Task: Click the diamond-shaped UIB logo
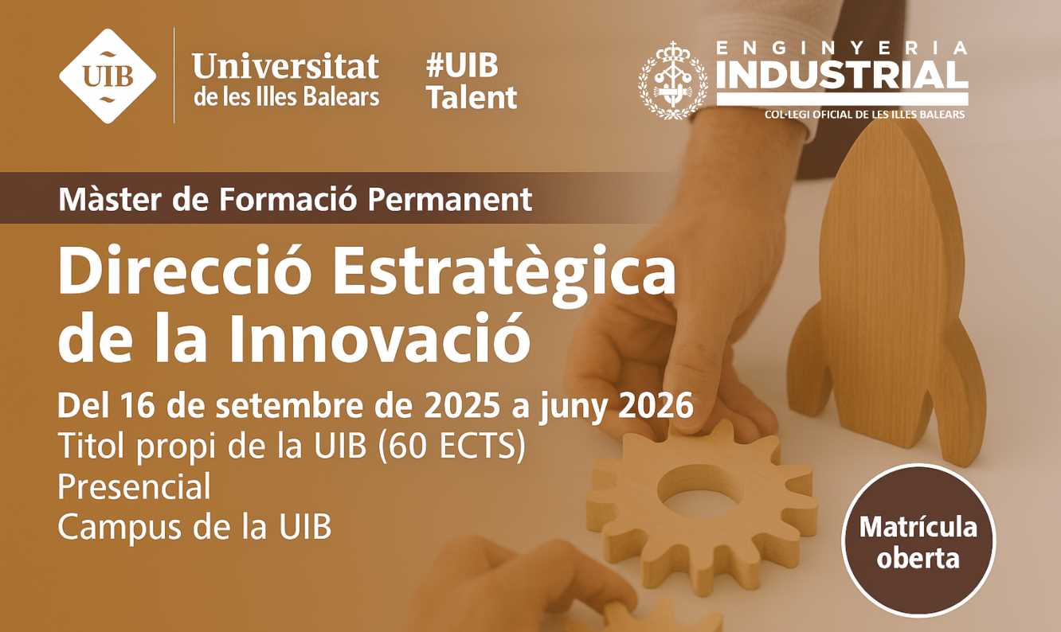pyautogui.click(x=108, y=76)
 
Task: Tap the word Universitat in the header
pyautogui.click(x=285, y=66)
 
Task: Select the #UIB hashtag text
pyautogui.click(x=462, y=65)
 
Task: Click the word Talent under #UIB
pyautogui.click(x=472, y=97)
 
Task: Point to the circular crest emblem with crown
pyautogui.click(x=673, y=80)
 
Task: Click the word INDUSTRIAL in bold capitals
pyautogui.click(x=842, y=75)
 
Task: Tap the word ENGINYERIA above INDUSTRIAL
pyautogui.click(x=842, y=48)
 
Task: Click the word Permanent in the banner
pyautogui.click(x=449, y=199)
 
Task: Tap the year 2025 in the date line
pyautogui.click(x=462, y=406)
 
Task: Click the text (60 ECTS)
pyautogui.click(x=452, y=446)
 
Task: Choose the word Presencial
pyautogui.click(x=134, y=486)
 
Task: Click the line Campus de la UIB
pyautogui.click(x=194, y=526)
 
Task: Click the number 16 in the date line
pyautogui.click(x=139, y=406)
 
